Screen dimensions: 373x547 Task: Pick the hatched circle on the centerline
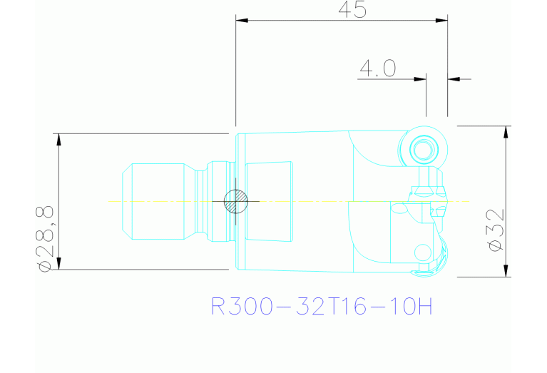pyautogui.click(x=234, y=201)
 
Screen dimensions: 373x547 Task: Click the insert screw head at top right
pyautogui.click(x=422, y=149)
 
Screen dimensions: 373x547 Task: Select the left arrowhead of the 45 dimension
pyautogui.click(x=242, y=21)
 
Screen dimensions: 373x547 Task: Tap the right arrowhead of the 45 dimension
pyautogui.click(x=441, y=21)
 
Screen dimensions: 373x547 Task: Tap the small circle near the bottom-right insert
pyautogui.click(x=422, y=251)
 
